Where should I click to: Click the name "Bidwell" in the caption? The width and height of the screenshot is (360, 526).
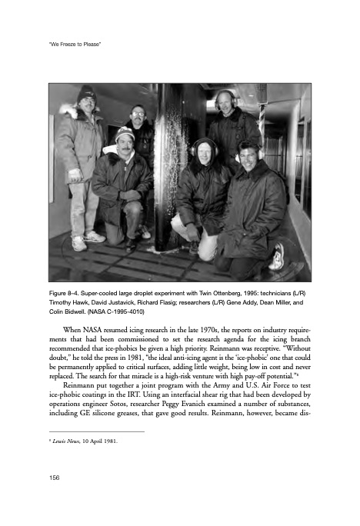82,313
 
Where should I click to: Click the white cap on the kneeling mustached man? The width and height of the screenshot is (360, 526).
125,134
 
